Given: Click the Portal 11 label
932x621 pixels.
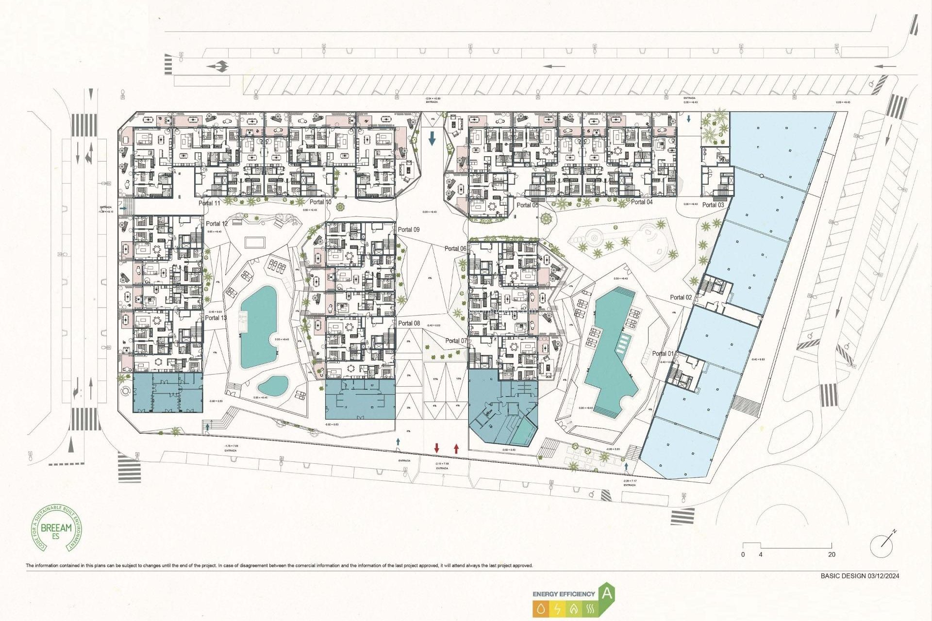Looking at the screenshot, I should point(209,203).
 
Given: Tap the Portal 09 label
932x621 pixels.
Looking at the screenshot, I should point(409,229).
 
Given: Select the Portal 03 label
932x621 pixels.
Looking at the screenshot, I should point(713,205).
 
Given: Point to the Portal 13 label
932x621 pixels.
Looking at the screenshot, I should point(216,318).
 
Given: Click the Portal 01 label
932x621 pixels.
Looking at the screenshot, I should point(663,354).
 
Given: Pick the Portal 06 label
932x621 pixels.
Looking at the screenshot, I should point(455,248).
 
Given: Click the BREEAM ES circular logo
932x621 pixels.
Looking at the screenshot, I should point(56,528).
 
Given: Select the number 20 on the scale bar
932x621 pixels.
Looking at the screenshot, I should point(832,555).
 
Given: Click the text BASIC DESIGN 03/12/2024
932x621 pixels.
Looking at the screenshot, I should point(860,576).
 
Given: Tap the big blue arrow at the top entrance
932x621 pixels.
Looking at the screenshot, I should point(432,139).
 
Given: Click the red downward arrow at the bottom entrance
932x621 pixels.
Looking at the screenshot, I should point(437,448).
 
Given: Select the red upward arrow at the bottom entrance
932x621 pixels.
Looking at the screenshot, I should point(456,448).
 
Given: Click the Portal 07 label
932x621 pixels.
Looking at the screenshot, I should point(456,341).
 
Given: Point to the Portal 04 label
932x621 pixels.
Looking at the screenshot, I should point(642,202).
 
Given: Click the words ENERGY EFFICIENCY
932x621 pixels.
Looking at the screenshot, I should point(564,594).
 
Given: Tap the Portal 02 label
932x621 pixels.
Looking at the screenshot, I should point(681,297).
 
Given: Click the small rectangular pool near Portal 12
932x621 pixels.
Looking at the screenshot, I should point(255,242).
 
